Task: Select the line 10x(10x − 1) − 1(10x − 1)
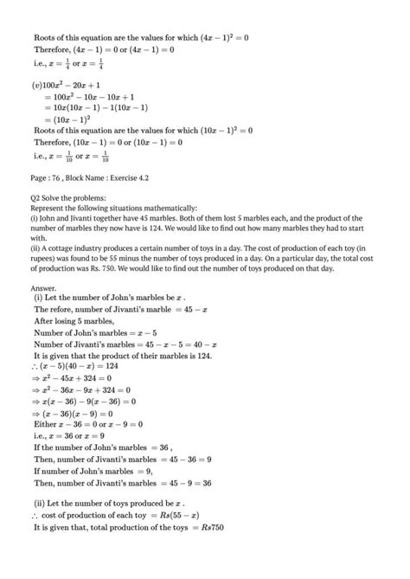point(95,108)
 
